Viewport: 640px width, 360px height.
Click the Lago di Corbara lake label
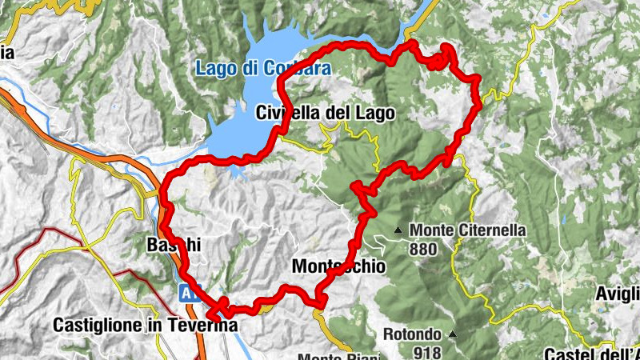click(x=251, y=70)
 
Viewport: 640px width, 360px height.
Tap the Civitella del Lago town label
click(x=326, y=114)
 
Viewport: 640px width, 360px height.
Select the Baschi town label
click(x=168, y=246)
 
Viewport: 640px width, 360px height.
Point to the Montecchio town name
click(x=339, y=266)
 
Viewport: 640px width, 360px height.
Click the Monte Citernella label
click(x=467, y=230)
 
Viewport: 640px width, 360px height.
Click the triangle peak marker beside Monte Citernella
click(x=398, y=230)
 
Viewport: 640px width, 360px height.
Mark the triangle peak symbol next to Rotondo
click(x=452, y=334)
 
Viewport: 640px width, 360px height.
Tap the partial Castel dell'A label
click(x=592, y=354)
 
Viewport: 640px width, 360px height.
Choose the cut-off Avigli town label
click(x=618, y=294)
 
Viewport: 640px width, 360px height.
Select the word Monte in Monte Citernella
click(x=428, y=230)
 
